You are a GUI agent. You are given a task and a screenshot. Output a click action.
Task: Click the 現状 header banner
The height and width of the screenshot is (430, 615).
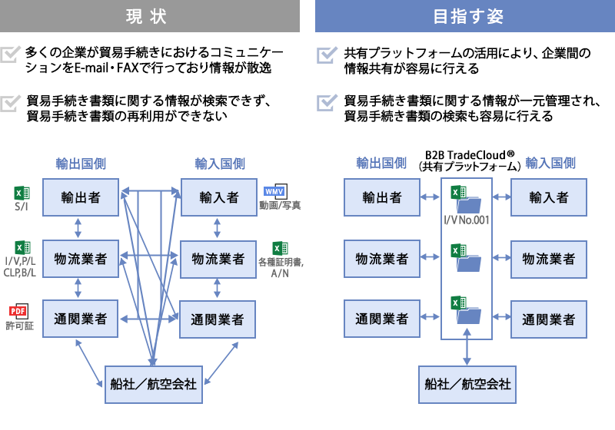point(150,15)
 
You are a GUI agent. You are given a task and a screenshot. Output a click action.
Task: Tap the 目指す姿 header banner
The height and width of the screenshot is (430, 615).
point(464,15)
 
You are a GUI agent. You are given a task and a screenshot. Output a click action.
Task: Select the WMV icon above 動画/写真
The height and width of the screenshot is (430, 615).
point(274,191)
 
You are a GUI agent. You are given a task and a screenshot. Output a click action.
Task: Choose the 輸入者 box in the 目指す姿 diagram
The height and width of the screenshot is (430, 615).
point(549,197)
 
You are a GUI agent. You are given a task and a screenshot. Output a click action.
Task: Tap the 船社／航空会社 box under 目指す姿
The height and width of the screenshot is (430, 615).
point(467,382)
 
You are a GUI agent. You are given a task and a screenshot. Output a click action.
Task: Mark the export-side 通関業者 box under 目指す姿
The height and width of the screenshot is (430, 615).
point(382,318)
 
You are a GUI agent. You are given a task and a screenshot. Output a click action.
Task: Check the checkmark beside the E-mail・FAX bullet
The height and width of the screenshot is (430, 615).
point(12,55)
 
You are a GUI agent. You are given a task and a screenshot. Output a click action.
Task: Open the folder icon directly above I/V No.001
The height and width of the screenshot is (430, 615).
point(467,204)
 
